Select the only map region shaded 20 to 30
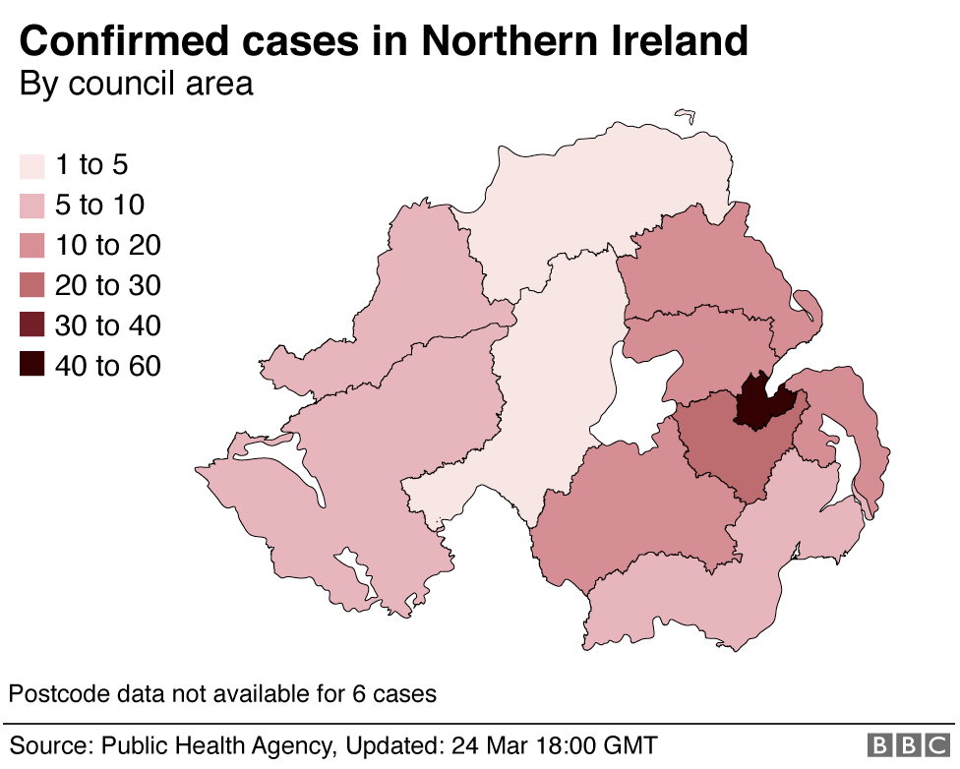coord(728,447)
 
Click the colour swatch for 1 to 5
coord(32,165)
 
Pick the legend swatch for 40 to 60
coord(32,366)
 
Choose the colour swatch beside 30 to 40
coord(32,325)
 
